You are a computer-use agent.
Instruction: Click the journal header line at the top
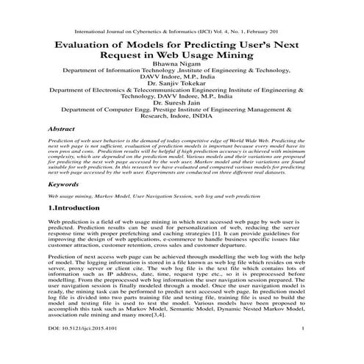(x=182, y=32)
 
